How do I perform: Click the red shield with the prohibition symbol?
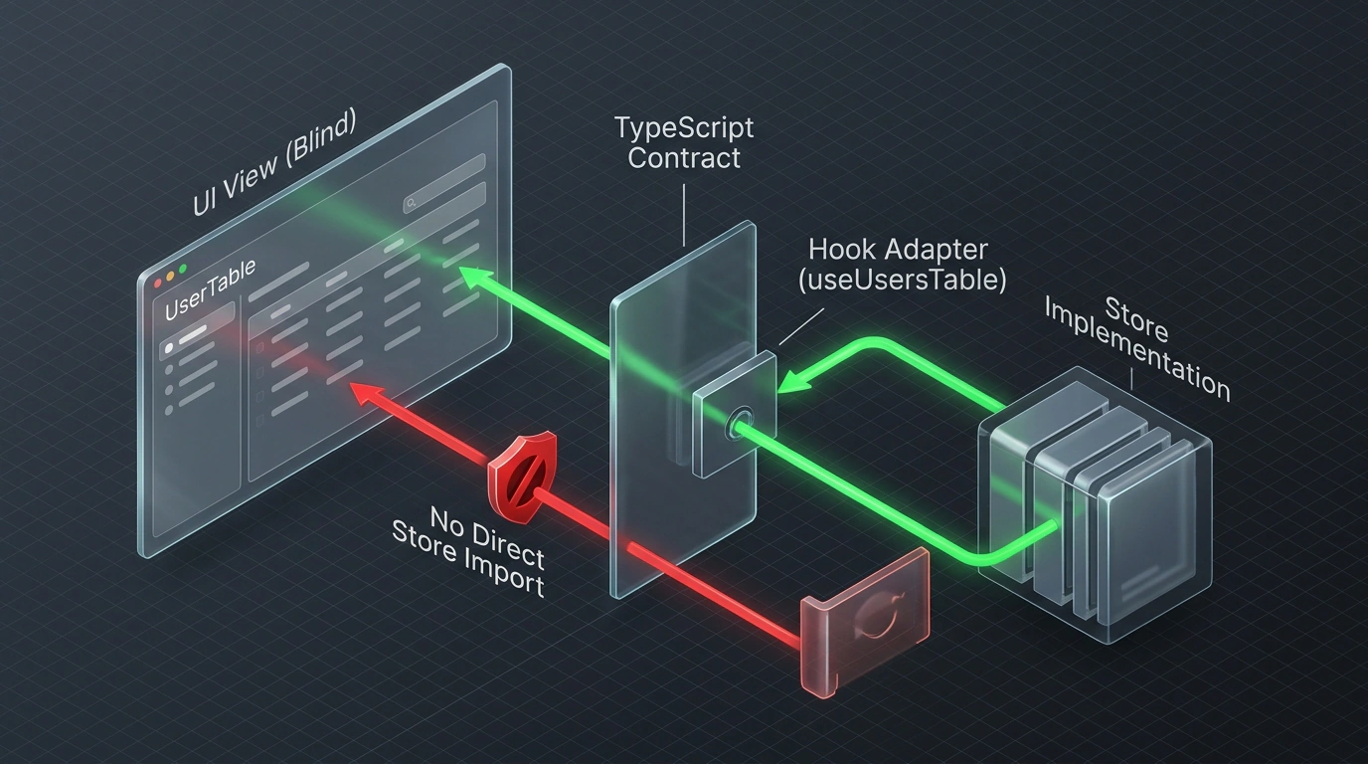tap(522, 477)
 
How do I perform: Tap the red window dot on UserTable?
tap(157, 283)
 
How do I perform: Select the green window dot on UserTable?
tap(183, 269)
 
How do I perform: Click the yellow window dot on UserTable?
tap(170, 277)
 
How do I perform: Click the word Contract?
tap(684, 158)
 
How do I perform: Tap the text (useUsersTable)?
tap(902, 280)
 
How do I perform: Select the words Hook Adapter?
tap(899, 250)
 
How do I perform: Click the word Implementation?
tap(1136, 349)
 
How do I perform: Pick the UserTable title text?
tap(210, 290)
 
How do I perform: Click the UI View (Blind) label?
tap(273, 164)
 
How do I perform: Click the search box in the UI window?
tap(444, 197)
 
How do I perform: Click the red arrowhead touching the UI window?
tap(368, 394)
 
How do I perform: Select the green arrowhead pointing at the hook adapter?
tap(795, 381)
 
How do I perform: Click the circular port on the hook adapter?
tap(740, 424)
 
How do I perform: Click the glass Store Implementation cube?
tap(1095, 504)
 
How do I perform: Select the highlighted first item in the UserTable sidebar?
tap(197, 338)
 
